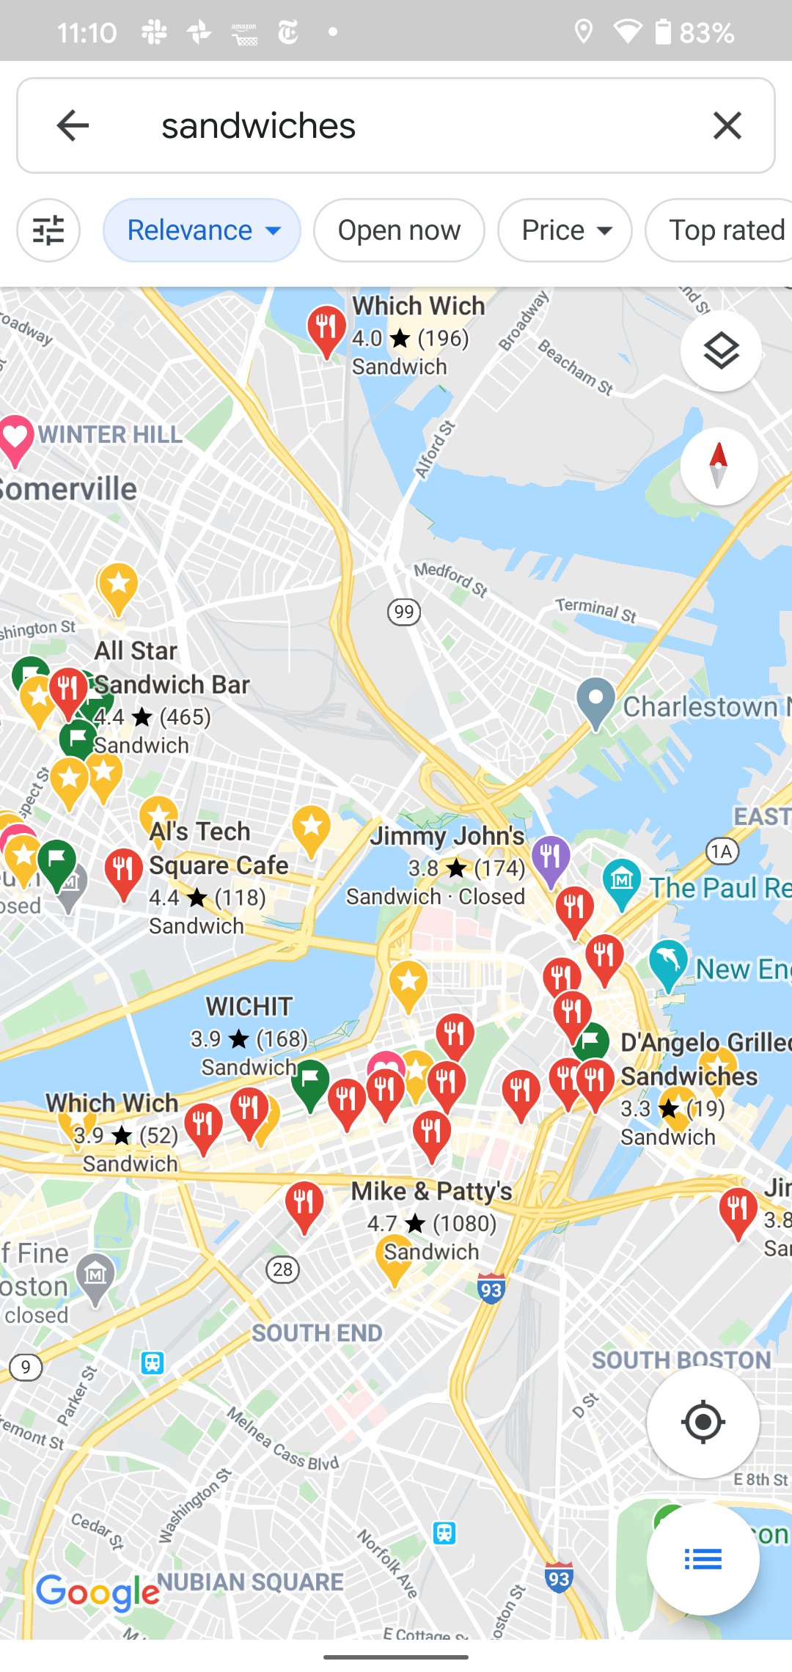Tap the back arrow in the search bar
(x=73, y=125)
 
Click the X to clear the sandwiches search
(x=727, y=125)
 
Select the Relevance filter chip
(x=202, y=230)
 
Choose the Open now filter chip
(x=399, y=230)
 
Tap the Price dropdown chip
(x=565, y=230)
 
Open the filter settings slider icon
(x=48, y=230)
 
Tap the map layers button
(x=721, y=351)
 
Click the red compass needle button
(x=719, y=466)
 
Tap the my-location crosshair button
(x=703, y=1422)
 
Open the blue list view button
(x=703, y=1559)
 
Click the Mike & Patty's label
(x=431, y=1191)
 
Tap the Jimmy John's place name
(x=447, y=836)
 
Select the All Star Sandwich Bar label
(x=172, y=667)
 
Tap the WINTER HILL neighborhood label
(x=110, y=434)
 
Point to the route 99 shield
(x=403, y=612)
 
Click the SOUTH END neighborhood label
(x=317, y=1333)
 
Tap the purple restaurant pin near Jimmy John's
(x=551, y=858)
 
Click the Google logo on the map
(x=98, y=1592)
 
